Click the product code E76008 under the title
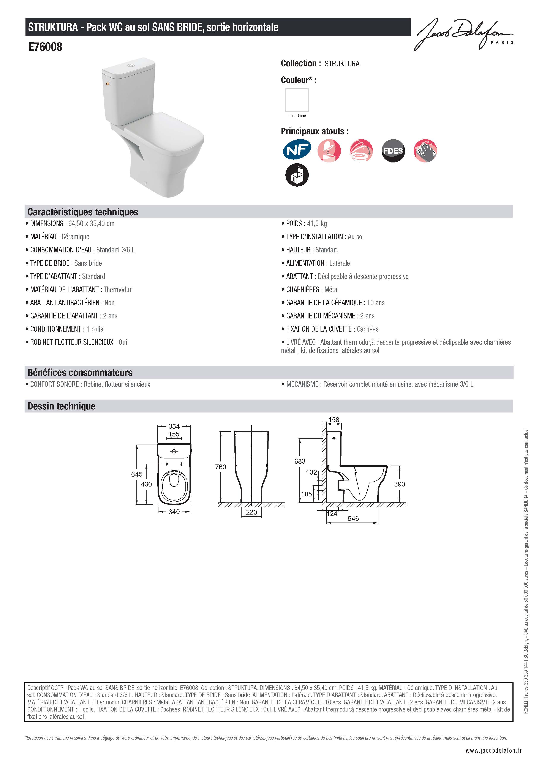pyautogui.click(x=45, y=47)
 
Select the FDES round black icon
pyautogui.click(x=393, y=151)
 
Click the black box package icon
pyautogui.click(x=297, y=175)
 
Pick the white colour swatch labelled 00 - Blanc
pyautogui.click(x=297, y=99)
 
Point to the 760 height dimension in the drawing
pyautogui.click(x=221, y=467)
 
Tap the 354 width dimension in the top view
pyautogui.click(x=174, y=426)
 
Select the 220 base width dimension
pyautogui.click(x=251, y=512)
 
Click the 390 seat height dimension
pyautogui.click(x=400, y=484)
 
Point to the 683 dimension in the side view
pyautogui.click(x=300, y=461)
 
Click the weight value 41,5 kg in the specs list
pyautogui.click(x=317, y=224)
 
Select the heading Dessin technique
pyautogui.click(x=62, y=406)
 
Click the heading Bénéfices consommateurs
pyautogui.click(x=80, y=372)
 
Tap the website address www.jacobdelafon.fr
pyautogui.click(x=493, y=750)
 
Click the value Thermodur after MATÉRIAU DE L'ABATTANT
pyautogui.click(x=118, y=289)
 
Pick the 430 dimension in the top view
pyautogui.click(x=146, y=484)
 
